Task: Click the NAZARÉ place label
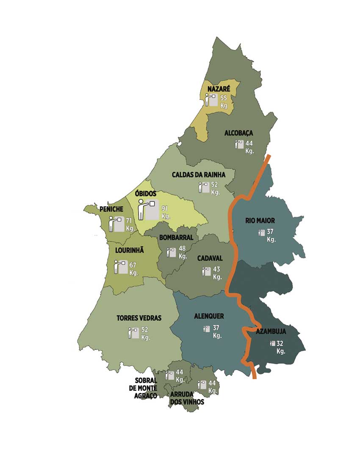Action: coord(219,89)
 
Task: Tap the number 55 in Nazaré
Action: coord(224,98)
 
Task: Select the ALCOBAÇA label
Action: coord(238,133)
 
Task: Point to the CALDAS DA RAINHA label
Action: coord(198,174)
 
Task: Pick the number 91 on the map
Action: coord(166,209)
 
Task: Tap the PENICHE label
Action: coord(111,209)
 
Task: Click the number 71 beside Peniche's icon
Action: coord(129,221)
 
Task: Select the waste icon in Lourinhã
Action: coord(121,267)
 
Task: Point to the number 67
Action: coord(133,265)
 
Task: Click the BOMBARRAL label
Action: coord(176,237)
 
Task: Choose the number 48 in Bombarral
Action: coord(183,249)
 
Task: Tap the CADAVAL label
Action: coord(210,258)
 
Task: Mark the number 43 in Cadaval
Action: coord(217,269)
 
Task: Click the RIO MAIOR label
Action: coord(260,221)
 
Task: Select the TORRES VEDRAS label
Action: coord(139,318)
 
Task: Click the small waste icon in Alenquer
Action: coord(207,329)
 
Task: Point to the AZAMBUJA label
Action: coord(271,331)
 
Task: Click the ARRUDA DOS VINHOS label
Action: coord(187,398)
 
